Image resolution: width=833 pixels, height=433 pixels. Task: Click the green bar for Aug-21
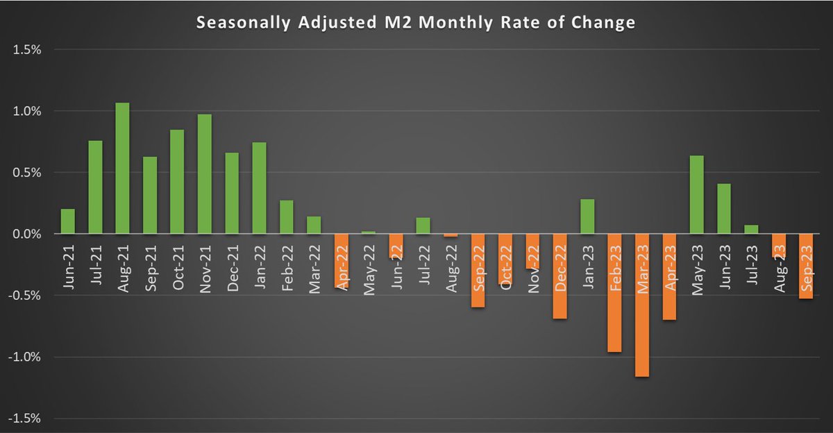tap(122, 169)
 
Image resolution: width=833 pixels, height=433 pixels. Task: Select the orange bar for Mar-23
tap(642, 305)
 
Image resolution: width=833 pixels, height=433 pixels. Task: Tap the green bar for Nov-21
tap(204, 174)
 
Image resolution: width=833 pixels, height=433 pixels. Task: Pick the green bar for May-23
tap(696, 195)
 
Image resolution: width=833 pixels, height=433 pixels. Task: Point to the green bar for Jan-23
tap(587, 216)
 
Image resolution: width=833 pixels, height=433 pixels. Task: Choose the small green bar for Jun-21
tap(68, 221)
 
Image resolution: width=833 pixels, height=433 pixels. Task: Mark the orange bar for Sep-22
tap(478, 271)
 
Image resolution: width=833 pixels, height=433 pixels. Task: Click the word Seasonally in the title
tap(238, 23)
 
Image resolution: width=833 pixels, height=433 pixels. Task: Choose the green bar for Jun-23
tap(724, 209)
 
